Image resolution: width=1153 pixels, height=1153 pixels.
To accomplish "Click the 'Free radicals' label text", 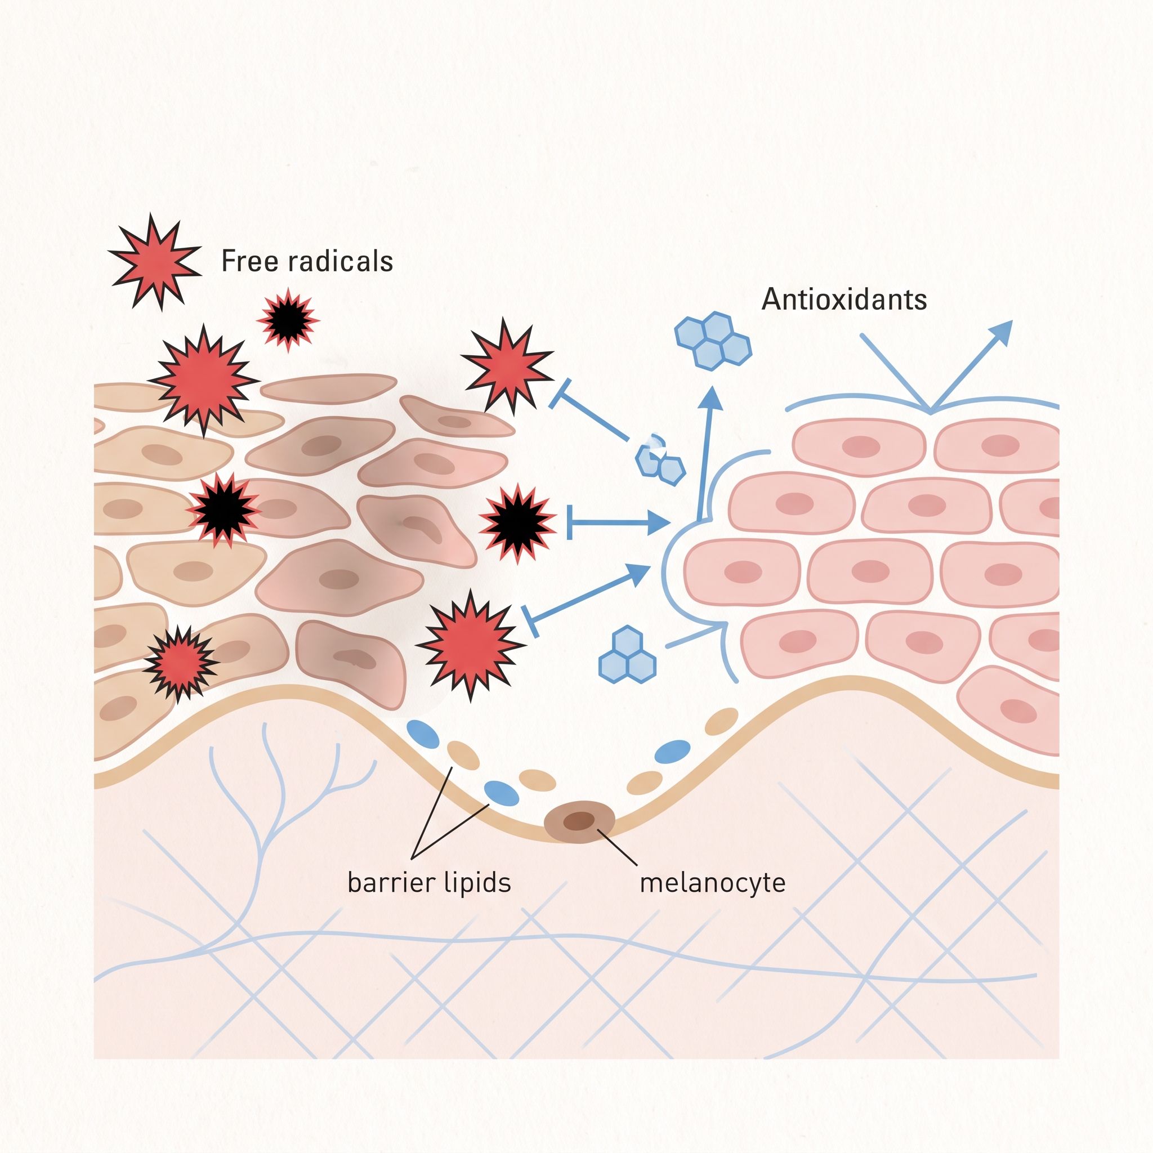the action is [x=307, y=261].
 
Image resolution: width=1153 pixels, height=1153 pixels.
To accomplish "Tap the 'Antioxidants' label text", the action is [x=844, y=299].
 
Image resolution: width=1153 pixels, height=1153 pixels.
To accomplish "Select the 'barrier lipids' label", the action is [x=429, y=883].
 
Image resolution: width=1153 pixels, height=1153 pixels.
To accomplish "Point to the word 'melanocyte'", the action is [x=713, y=883].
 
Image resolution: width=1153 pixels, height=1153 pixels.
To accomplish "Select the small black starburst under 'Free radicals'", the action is [x=288, y=320].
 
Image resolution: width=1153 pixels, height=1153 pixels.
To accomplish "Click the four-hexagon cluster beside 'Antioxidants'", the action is [x=713, y=340].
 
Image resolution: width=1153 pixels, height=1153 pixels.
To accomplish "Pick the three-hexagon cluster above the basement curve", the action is [x=627, y=655].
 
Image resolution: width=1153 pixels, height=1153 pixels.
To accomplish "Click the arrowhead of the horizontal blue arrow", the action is [x=659, y=524].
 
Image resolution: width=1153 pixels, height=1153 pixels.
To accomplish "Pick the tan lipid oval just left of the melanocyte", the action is [x=537, y=780].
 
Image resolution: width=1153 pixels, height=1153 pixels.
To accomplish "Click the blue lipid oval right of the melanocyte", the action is [x=673, y=751].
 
